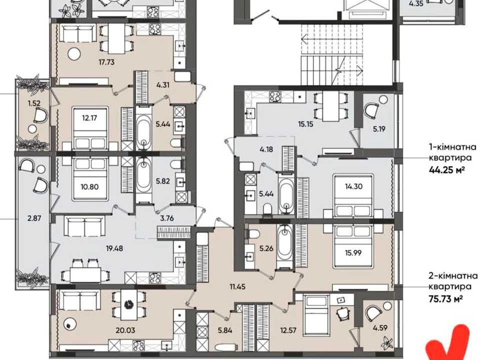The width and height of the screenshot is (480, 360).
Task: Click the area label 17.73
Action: (x=107, y=62)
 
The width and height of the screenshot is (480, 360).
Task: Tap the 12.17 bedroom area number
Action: (x=89, y=117)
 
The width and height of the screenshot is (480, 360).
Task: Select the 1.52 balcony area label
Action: (x=34, y=103)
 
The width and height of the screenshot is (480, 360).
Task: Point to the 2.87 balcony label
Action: (x=34, y=218)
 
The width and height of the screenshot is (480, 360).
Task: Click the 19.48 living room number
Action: (x=114, y=248)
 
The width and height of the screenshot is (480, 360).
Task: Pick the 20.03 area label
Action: (x=125, y=330)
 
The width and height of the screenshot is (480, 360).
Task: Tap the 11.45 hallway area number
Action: (x=237, y=287)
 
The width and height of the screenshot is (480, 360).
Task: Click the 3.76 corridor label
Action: (x=167, y=218)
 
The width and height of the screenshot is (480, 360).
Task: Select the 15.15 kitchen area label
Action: (x=305, y=124)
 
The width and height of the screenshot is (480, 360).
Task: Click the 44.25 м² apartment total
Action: (x=445, y=169)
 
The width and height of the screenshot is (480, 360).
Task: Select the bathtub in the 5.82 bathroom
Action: (x=144, y=179)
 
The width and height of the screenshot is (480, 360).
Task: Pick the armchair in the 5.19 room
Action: (x=371, y=110)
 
